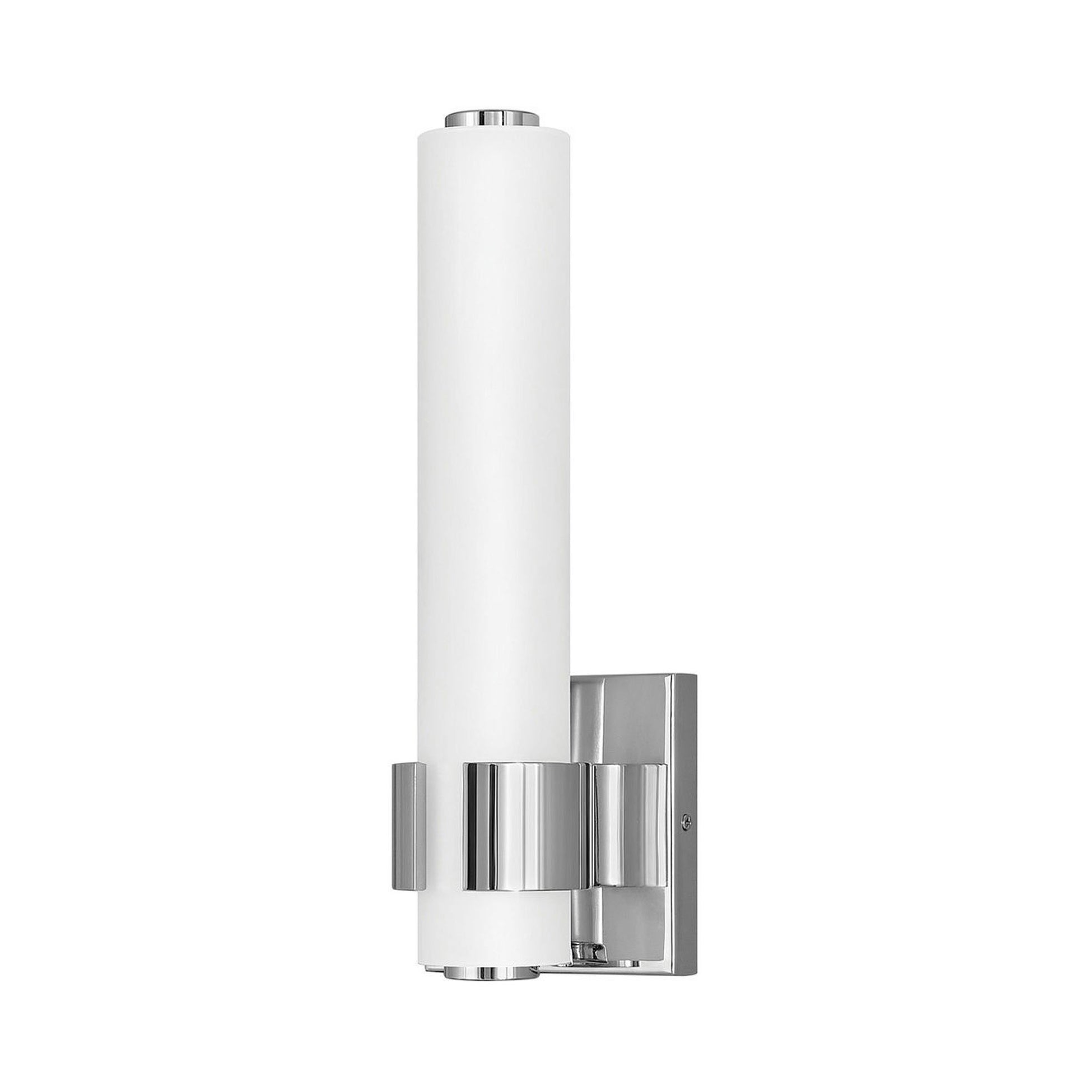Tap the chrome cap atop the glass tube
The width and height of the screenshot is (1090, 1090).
[481, 119]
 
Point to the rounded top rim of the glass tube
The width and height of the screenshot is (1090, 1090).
[481, 136]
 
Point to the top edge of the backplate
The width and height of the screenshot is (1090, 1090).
[632, 675]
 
